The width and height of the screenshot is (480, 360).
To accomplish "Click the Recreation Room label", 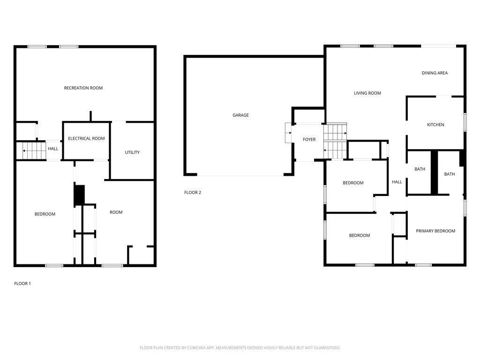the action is (83, 88).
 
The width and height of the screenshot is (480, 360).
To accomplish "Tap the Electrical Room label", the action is (86, 138).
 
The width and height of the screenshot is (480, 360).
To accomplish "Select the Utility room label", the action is (132, 152).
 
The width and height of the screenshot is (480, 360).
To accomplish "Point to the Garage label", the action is (240, 115).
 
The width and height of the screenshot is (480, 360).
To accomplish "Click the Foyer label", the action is (309, 139).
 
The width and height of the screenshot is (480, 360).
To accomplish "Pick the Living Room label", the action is (367, 93).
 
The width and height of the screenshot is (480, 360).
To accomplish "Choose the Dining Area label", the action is (435, 73).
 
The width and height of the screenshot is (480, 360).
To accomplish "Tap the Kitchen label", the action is (435, 125).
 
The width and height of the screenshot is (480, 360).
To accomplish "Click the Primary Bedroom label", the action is (435, 231).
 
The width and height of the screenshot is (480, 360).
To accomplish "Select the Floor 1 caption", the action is (22, 284).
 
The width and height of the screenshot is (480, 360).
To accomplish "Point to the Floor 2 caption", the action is (193, 192).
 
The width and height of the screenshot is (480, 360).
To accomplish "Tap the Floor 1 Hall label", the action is (53, 149).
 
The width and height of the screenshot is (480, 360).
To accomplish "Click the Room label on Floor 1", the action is (116, 212).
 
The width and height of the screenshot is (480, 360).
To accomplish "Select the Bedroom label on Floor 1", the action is (45, 214).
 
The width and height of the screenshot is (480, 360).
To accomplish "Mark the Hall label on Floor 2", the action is (397, 182).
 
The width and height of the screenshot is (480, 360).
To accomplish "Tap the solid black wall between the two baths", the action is (435, 172).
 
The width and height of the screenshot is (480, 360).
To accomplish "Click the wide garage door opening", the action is (240, 175).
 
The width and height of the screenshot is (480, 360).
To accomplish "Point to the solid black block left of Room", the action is (80, 195).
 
